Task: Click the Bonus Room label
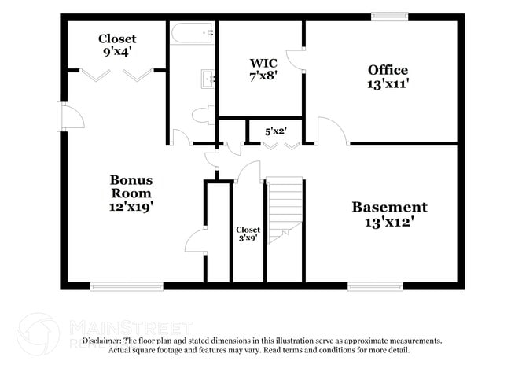[131, 186]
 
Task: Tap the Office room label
[388, 70]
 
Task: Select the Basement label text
[389, 208]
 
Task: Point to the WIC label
[259, 63]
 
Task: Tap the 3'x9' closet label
[248, 235]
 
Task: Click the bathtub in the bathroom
[192, 33]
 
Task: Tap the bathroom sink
[209, 78]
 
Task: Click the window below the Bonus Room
[127, 286]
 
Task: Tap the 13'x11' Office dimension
[388, 84]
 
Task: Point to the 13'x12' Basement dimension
[389, 223]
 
